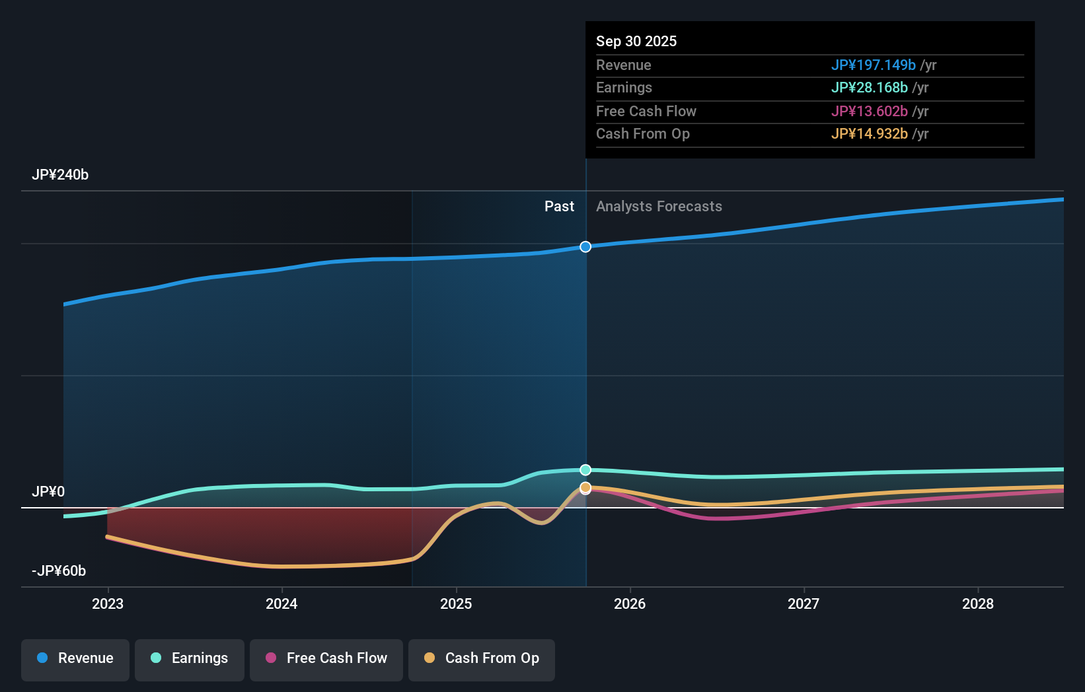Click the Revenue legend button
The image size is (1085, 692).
point(75,658)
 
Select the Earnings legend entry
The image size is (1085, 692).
point(190,658)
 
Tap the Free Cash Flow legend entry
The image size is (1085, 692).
point(326,658)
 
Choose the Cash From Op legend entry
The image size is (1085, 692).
point(482,658)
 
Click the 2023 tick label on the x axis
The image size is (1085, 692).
point(108,604)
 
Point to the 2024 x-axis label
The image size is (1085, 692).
point(281,604)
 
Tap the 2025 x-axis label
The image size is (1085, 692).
point(456,604)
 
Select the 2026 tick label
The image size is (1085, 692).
point(630,604)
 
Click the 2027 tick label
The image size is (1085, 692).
point(804,604)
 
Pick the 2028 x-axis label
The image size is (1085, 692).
point(978,604)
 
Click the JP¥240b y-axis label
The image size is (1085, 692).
point(60,175)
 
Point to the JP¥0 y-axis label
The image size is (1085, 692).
point(48,492)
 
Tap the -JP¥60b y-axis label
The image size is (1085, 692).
point(59,571)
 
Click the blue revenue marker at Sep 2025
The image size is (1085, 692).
point(585,247)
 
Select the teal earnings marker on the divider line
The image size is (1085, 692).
point(585,470)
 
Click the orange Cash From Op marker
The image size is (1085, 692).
point(585,487)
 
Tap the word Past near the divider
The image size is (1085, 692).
point(559,207)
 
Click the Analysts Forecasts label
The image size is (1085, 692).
point(659,207)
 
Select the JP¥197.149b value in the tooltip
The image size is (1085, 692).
point(873,65)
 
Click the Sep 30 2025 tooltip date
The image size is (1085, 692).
point(636,42)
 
